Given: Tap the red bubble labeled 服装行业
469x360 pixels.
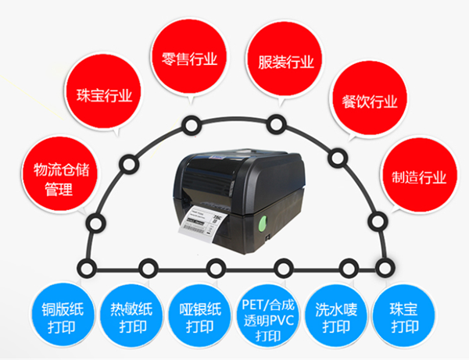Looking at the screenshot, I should click(x=280, y=60).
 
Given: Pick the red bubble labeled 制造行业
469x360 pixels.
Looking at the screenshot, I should click(x=414, y=176).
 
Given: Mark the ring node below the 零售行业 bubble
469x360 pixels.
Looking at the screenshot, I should click(x=189, y=123).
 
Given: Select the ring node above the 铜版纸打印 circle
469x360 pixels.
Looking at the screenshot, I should click(x=81, y=269).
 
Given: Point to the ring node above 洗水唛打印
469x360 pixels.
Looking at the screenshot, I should click(x=344, y=269).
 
